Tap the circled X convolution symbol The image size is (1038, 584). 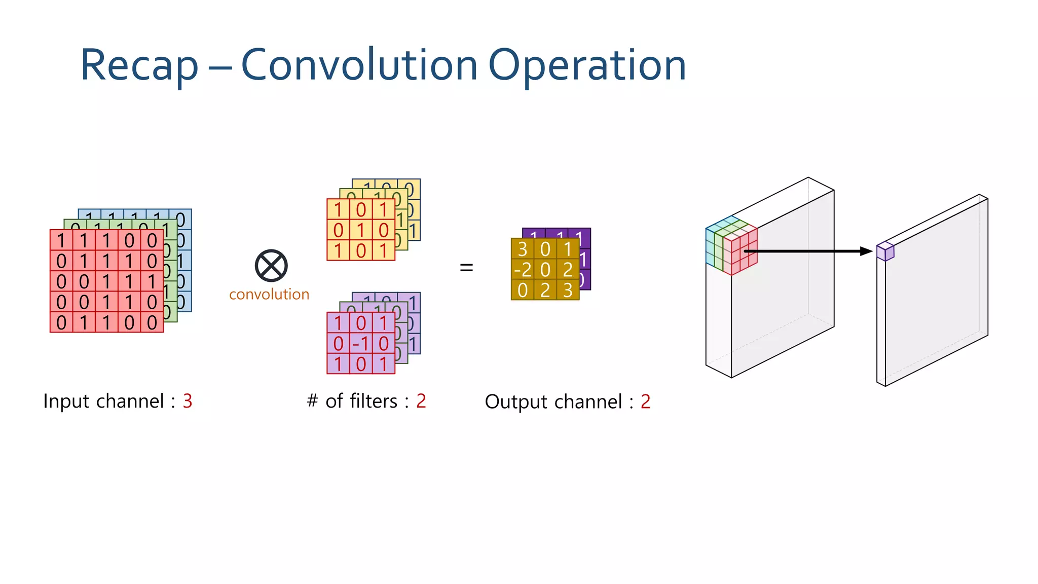pos(271,266)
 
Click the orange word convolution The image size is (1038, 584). pos(269,295)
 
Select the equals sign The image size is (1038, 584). pos(466,267)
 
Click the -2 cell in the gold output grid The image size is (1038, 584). pos(523,270)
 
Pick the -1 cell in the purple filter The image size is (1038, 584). pos(360,344)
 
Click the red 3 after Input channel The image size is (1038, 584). pos(188,401)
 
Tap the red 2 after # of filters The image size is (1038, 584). pos(421,401)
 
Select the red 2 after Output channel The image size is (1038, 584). pos(645,401)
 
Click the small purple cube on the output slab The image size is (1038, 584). pos(885,251)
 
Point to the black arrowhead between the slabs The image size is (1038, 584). pos(866,251)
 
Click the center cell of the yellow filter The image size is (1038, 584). pos(360,230)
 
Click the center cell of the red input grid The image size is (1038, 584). pos(106,281)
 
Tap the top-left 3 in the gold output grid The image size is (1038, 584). pos(523,249)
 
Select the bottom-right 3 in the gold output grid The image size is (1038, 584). pos(568,290)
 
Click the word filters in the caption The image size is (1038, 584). pos(376,401)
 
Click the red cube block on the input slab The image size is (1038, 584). pos(740,251)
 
